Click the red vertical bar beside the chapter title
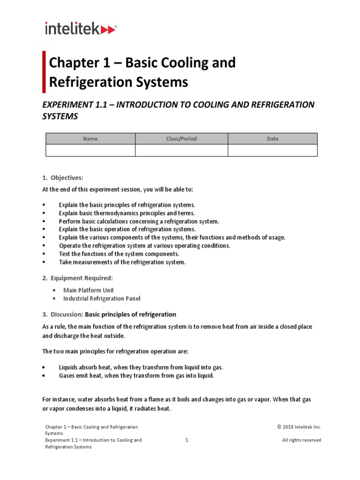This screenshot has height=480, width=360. coord(45,72)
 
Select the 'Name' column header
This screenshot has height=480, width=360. coord(90,139)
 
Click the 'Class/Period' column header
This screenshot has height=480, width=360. coord(181,139)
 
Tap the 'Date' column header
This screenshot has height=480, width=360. coord(272,139)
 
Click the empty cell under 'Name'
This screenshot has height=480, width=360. coord(90,150)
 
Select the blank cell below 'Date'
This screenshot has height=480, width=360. coord(272,150)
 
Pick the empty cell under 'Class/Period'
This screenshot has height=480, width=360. coord(181,150)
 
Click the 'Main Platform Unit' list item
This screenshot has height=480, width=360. coord(89,290)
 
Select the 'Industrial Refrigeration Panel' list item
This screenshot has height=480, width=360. coord(102,299)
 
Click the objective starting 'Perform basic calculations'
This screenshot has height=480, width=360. coord(139,221)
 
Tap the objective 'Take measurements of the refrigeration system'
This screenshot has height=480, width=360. coord(122,262)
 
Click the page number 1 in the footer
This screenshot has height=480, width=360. coord(187,440)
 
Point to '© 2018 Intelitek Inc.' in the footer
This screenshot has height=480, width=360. coord(299,427)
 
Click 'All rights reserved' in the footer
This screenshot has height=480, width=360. coord(301,440)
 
